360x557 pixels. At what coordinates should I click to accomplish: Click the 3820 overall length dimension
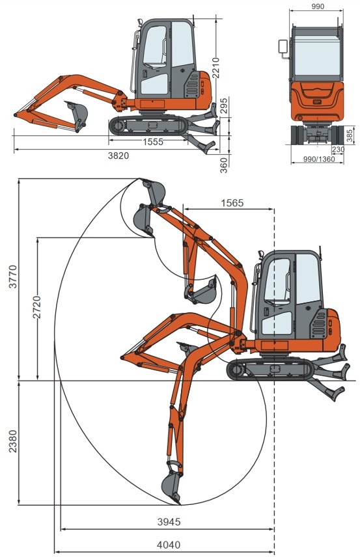(118, 156)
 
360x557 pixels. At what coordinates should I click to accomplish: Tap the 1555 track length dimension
(153, 142)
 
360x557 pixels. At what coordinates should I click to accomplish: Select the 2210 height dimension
(215, 68)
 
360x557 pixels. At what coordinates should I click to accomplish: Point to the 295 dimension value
(224, 105)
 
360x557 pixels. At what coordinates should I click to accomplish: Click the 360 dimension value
(224, 165)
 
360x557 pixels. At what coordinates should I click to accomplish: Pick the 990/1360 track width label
(319, 159)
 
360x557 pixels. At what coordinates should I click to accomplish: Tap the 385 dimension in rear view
(350, 136)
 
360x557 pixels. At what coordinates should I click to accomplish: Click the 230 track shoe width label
(338, 150)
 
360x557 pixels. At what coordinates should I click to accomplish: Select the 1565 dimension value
(232, 203)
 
